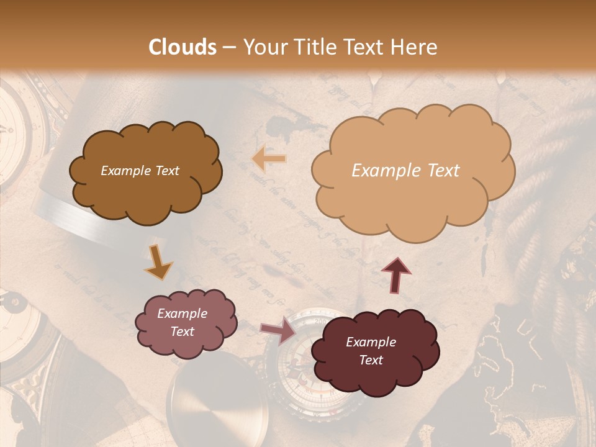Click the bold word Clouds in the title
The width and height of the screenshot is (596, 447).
[183, 47]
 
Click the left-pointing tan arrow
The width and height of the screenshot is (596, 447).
[269, 160]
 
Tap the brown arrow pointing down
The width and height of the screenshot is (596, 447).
[158, 263]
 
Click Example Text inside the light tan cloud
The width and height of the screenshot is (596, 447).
[405, 171]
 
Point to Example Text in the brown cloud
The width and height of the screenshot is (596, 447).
[140, 171]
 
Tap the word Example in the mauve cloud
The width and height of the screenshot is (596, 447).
[182, 314]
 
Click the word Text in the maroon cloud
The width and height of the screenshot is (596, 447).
[371, 360]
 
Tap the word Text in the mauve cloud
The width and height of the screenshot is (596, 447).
[182, 332]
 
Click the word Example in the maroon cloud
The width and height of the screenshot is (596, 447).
[371, 342]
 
